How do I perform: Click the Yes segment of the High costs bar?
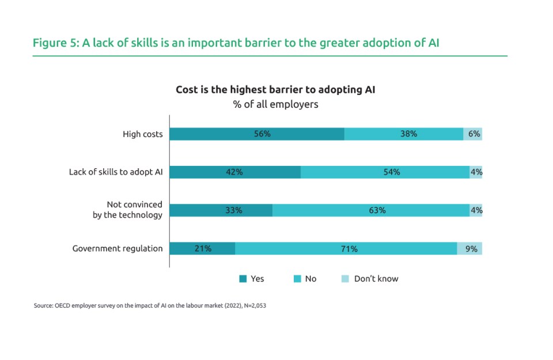pos(257,134)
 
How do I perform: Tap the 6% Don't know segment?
pos(473,134)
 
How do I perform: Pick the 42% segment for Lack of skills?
pos(235,172)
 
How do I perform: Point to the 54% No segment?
pos(385,172)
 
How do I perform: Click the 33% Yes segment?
pos(221,210)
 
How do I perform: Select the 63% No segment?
pos(371,210)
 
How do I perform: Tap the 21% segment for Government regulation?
pos(202,249)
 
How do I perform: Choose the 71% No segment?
pos(346,249)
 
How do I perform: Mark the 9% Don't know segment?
pos(470,249)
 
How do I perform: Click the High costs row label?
pos(142,134)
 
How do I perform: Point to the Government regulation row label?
pos(117,249)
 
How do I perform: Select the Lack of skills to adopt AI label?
pos(116,172)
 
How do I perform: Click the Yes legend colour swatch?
pos(243,279)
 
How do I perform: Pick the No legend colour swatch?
pos(297,279)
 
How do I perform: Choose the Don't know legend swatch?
pos(346,279)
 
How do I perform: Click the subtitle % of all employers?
pos(276,105)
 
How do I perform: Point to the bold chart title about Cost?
pos(276,90)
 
